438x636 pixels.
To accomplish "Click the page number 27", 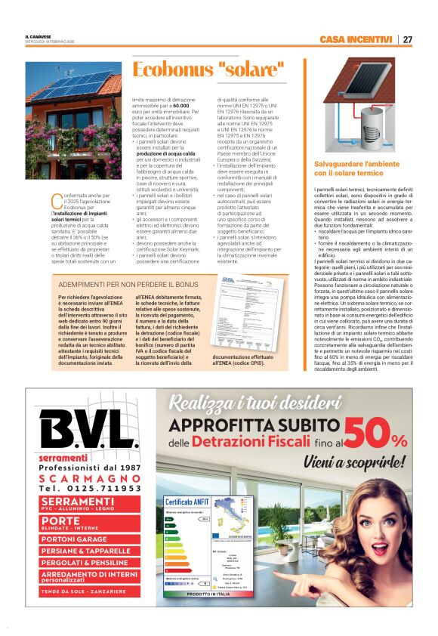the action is pos(407,39).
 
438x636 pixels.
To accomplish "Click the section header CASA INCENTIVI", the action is pos(355,39).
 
